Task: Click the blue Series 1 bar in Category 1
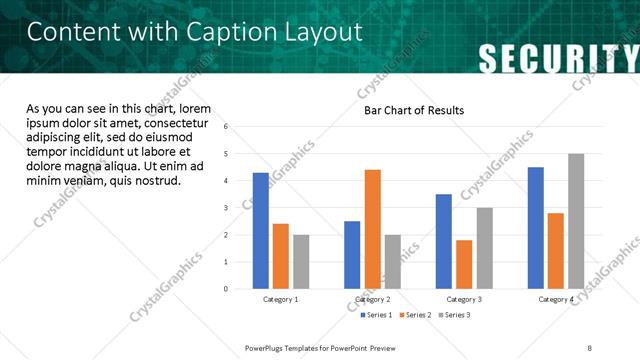[261, 231]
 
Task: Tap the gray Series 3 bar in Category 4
[575, 221]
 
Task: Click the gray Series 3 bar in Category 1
[301, 262]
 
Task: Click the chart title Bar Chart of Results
[413, 110]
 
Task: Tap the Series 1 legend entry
[376, 315]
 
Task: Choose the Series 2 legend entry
[415, 315]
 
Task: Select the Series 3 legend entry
[454, 315]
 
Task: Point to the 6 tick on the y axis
[226, 127]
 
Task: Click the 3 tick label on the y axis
[226, 208]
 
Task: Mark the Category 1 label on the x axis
[281, 299]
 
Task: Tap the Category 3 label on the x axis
[464, 299]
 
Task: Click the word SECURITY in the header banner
[557, 58]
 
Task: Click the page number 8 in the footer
[589, 347]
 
